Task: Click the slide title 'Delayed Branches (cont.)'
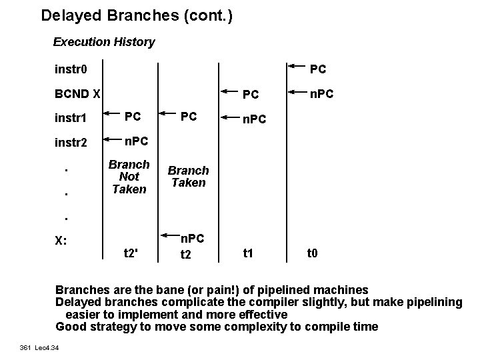pos(137,15)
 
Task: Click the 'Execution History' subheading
pos(104,42)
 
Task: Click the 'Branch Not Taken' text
pos(129,176)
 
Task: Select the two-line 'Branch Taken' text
pos(189,177)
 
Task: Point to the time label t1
pos(248,253)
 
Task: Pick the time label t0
pos(312,253)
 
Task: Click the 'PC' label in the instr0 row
pos(318,69)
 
